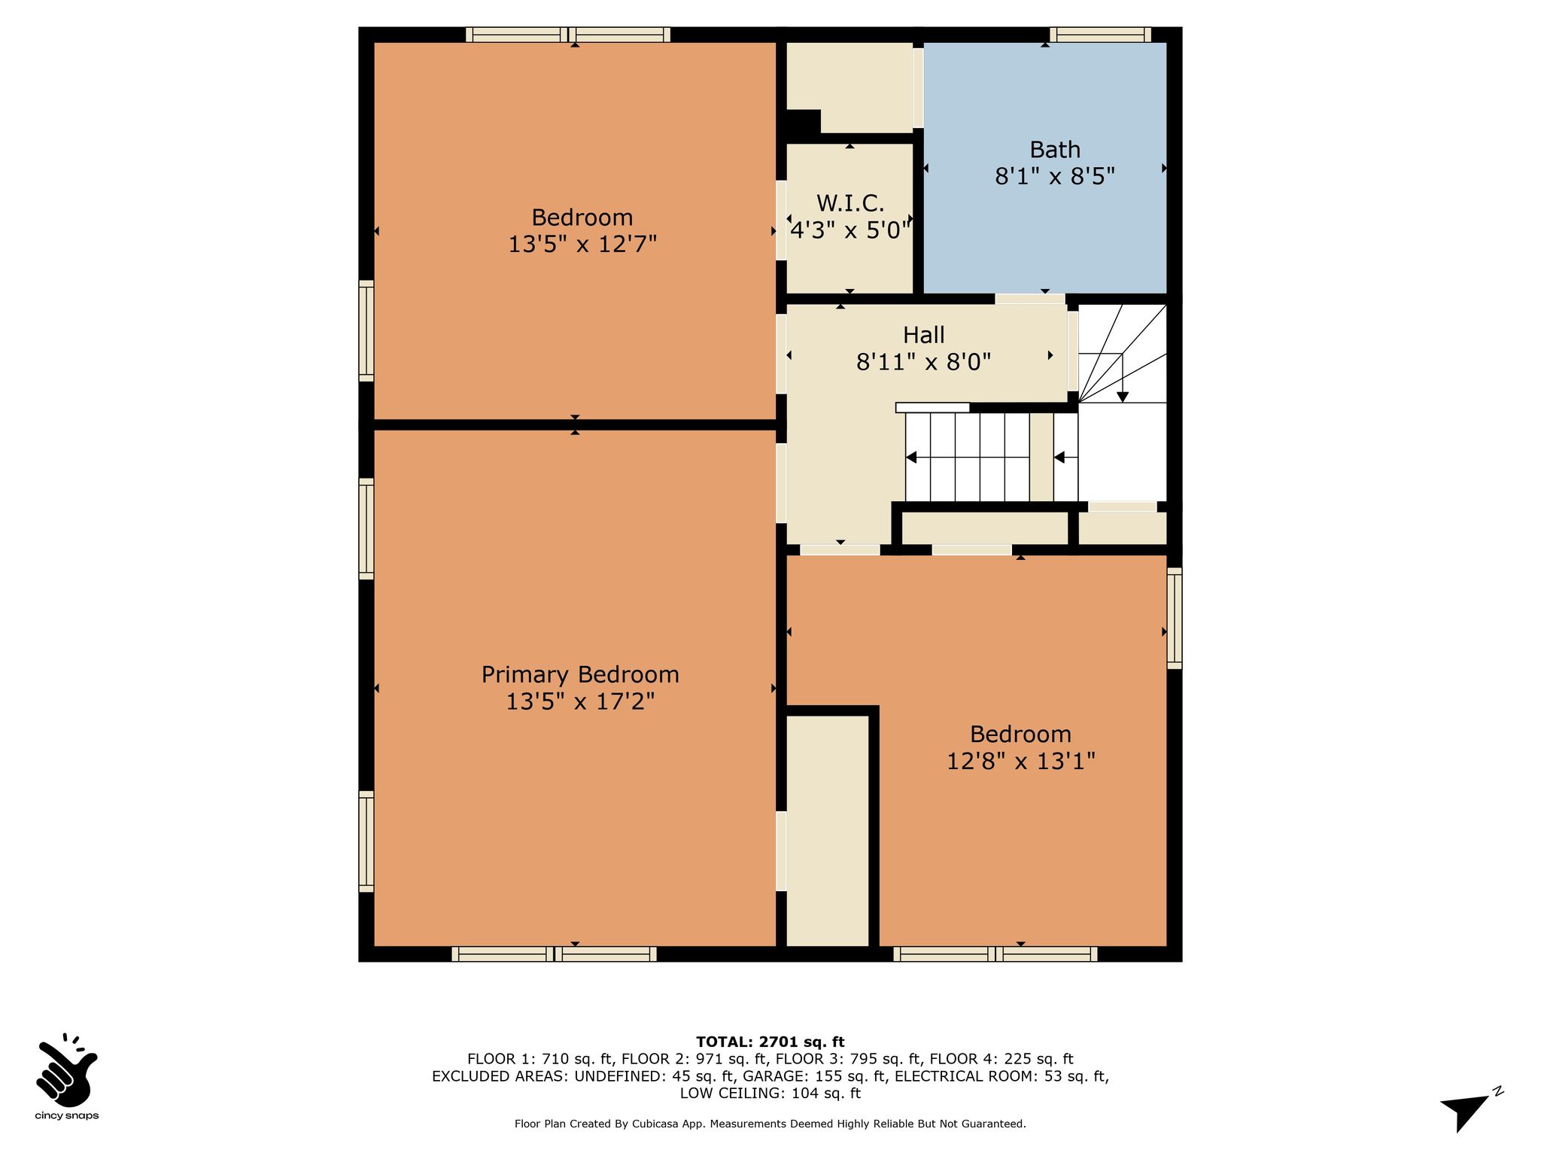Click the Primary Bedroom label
tap(580, 674)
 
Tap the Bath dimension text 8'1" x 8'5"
tap(1055, 176)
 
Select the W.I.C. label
tap(850, 203)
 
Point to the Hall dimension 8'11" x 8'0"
tap(924, 363)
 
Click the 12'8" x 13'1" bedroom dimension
tap(1020, 761)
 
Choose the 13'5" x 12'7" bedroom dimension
tap(582, 245)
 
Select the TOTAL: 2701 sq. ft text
tap(770, 1042)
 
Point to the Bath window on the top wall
tap(1100, 35)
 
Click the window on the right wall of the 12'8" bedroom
tap(1175, 618)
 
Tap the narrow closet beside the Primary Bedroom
tap(828, 831)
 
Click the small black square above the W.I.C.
tap(803, 121)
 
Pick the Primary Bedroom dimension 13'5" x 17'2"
tap(580, 701)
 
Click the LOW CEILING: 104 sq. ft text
tap(770, 1094)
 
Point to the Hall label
tap(924, 335)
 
